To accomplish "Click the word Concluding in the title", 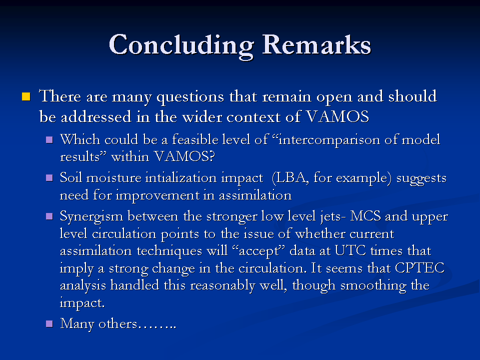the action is (181, 46).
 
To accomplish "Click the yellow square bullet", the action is (26, 96).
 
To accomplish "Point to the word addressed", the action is (96, 116).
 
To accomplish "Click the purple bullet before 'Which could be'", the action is (49, 140).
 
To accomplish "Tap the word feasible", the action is (195, 139).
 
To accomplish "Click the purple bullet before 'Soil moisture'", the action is (49, 178).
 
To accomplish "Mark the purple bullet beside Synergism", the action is (49, 216).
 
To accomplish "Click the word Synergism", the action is (91, 217).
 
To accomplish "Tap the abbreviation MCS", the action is (365, 216).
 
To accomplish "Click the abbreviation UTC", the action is (350, 250).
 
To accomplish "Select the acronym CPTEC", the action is (419, 268).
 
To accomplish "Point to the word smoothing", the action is (373, 286).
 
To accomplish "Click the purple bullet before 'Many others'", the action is (49, 324).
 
